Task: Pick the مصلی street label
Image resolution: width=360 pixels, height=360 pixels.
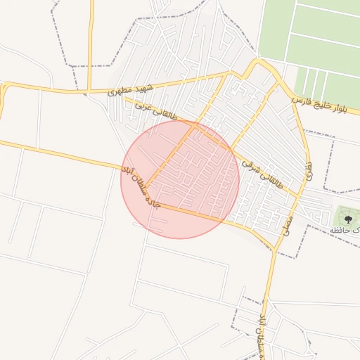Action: (287, 224)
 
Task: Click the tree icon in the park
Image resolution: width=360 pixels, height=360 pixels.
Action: (347, 219)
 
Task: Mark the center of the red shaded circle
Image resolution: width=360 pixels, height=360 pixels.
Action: (181, 179)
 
